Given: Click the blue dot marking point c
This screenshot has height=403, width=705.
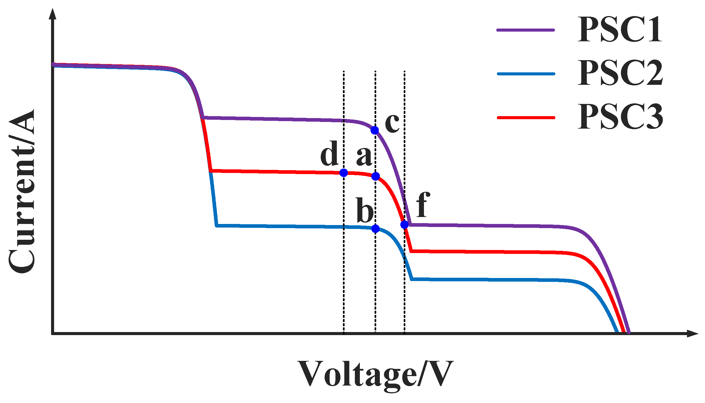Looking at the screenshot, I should (375, 130).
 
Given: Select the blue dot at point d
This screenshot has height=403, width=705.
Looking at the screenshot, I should (343, 173).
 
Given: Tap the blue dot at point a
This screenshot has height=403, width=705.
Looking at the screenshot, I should (375, 176).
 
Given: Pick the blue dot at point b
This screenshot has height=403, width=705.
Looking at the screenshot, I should (375, 229).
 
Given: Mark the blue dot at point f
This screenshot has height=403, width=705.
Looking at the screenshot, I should (405, 224).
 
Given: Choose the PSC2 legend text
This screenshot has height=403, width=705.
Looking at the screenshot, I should (620, 73).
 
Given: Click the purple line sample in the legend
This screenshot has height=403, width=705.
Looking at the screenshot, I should (526, 30).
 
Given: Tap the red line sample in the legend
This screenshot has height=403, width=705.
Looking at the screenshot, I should (526, 118).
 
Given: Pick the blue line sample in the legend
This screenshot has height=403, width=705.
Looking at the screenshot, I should (526, 74).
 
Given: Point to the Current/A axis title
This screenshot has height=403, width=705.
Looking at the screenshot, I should (22, 191).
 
